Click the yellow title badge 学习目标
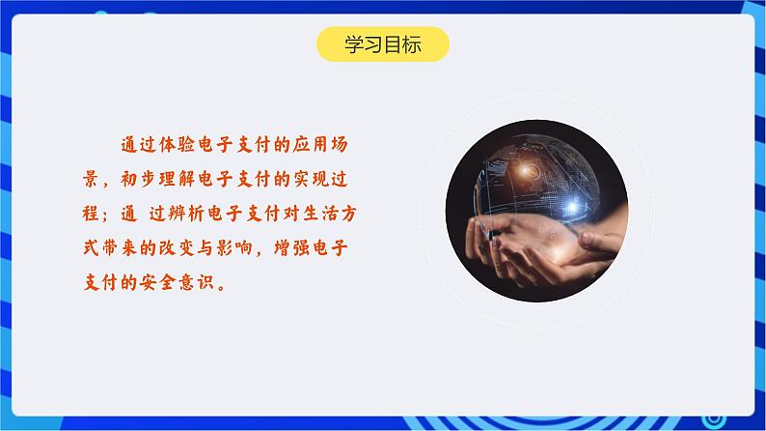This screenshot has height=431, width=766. pyautogui.click(x=382, y=44)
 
